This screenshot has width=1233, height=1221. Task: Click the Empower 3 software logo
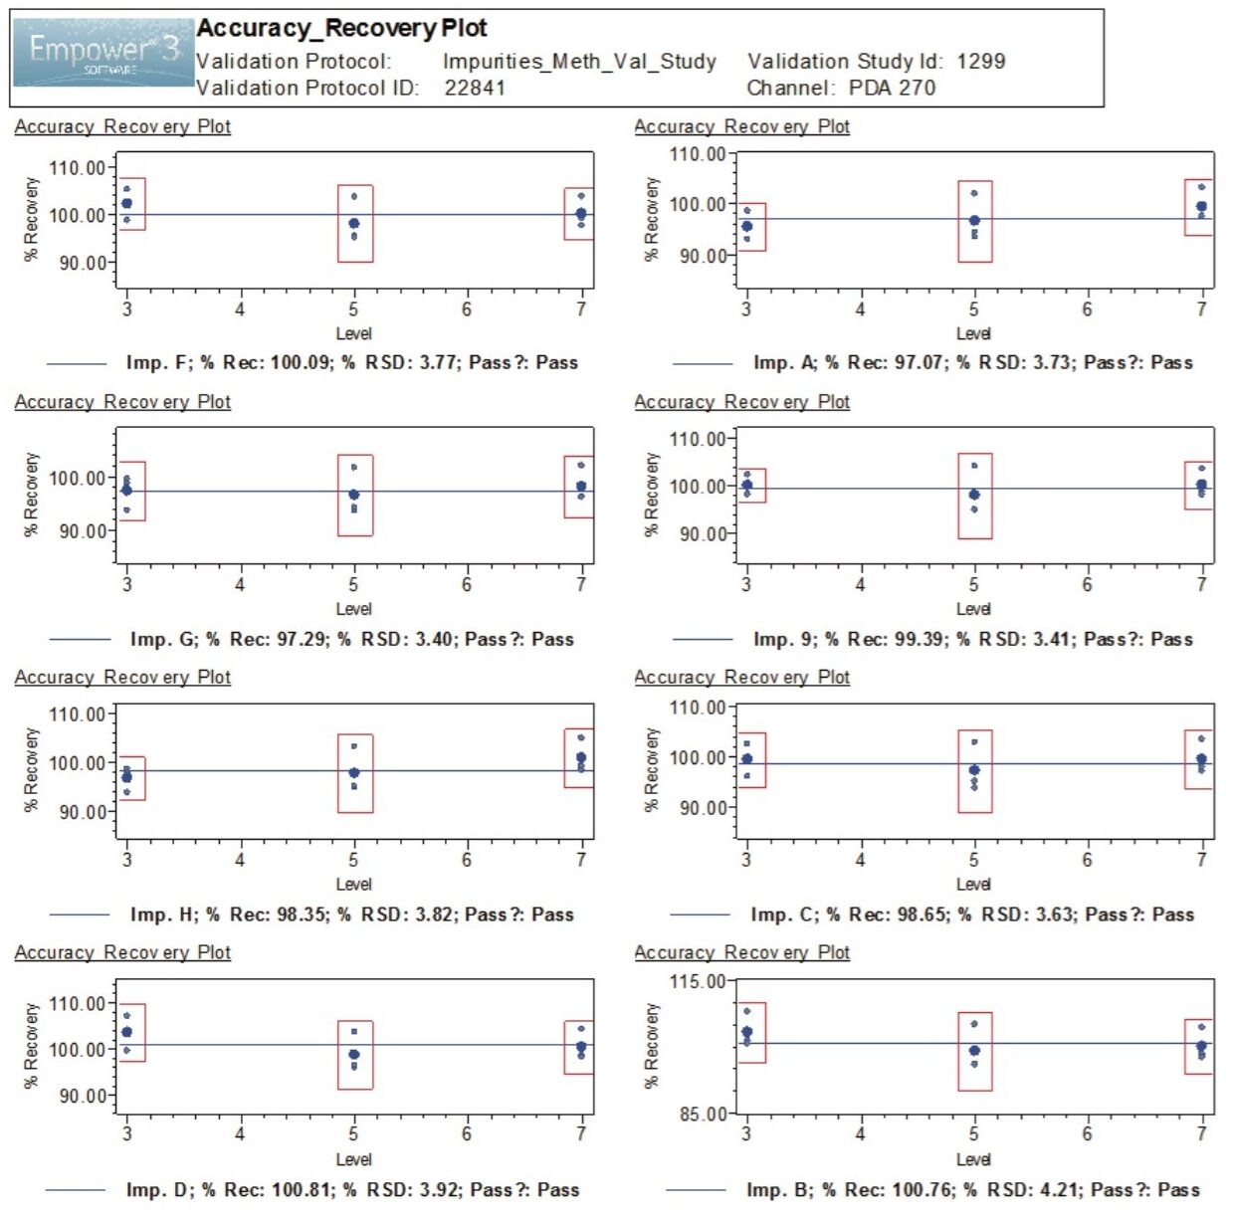point(103,52)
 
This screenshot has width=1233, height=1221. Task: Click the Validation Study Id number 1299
point(980,62)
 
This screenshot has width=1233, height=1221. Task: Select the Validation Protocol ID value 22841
point(475,88)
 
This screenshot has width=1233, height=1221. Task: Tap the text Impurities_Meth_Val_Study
point(579,62)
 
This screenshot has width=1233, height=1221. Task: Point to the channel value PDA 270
point(892,88)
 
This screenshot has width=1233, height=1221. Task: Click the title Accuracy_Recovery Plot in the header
point(341,28)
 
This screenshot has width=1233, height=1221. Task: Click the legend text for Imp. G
point(351,639)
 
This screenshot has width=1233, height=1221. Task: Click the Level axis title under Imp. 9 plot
point(972,609)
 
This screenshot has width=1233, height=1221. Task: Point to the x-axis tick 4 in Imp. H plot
point(240,859)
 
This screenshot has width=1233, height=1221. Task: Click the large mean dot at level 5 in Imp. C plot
point(974,770)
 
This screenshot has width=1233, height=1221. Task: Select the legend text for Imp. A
point(972,363)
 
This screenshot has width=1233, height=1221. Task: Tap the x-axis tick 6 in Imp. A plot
point(1087,309)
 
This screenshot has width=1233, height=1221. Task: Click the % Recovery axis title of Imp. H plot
point(31,768)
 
